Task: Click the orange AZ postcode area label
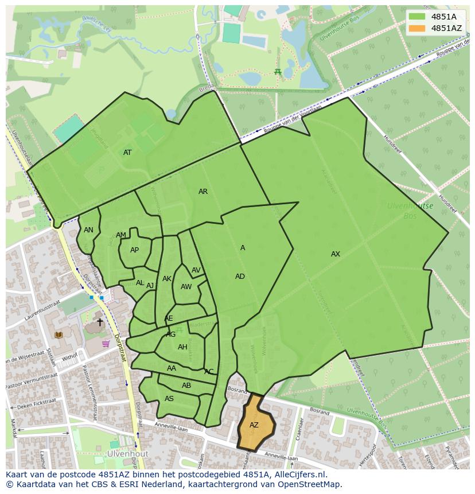pyautogui.click(x=254, y=425)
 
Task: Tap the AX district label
pyautogui.click(x=336, y=254)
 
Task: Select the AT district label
pyautogui.click(x=127, y=153)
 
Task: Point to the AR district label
pyautogui.click(x=203, y=192)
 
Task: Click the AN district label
pyautogui.click(x=88, y=230)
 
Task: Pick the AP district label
pyautogui.click(x=134, y=250)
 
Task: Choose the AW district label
pyautogui.click(x=186, y=287)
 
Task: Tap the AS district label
pyautogui.click(x=169, y=399)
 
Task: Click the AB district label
pyautogui.click(x=186, y=386)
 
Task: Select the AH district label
pyautogui.click(x=182, y=347)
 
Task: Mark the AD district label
pyautogui.click(x=240, y=277)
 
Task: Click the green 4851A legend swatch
pyautogui.click(x=417, y=17)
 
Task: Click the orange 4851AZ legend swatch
pyautogui.click(x=417, y=28)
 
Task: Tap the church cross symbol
pyautogui.click(x=100, y=322)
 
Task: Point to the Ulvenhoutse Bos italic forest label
pyautogui.click(x=410, y=211)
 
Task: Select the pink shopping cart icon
pyautogui.click(x=106, y=344)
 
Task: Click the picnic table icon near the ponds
pyautogui.click(x=278, y=72)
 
